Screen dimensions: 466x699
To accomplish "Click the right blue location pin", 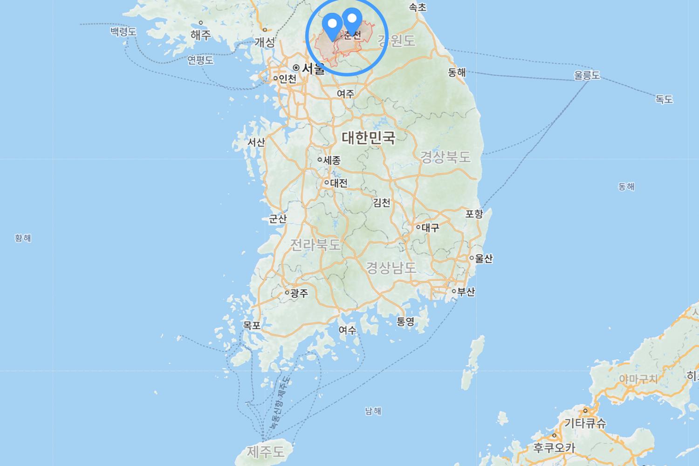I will click(352, 20).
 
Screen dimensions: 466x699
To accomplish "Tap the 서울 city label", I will click(313, 69).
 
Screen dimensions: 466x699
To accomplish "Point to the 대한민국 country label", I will click(368, 137).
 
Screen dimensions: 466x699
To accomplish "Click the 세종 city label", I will click(332, 160).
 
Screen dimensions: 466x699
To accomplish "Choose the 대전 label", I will click(338, 183).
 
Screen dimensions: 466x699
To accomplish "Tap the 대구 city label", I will click(430, 227).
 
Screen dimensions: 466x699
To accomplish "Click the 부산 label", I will click(466, 292).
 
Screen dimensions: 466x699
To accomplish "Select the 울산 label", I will click(483, 258).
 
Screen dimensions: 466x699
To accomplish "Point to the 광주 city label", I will click(299, 293).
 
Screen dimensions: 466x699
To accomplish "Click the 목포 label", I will click(252, 325).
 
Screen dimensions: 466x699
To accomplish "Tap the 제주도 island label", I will click(265, 451).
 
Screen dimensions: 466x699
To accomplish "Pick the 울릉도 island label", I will click(587, 75).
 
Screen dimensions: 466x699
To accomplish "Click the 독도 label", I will click(664, 99).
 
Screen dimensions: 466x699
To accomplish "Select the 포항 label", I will click(474, 214).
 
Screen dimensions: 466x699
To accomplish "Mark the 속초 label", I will click(417, 7).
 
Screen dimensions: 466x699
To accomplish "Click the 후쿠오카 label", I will click(554, 448).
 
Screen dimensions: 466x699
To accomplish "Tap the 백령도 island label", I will click(123, 32).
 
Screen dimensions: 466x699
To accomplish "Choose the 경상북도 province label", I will click(445, 157).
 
